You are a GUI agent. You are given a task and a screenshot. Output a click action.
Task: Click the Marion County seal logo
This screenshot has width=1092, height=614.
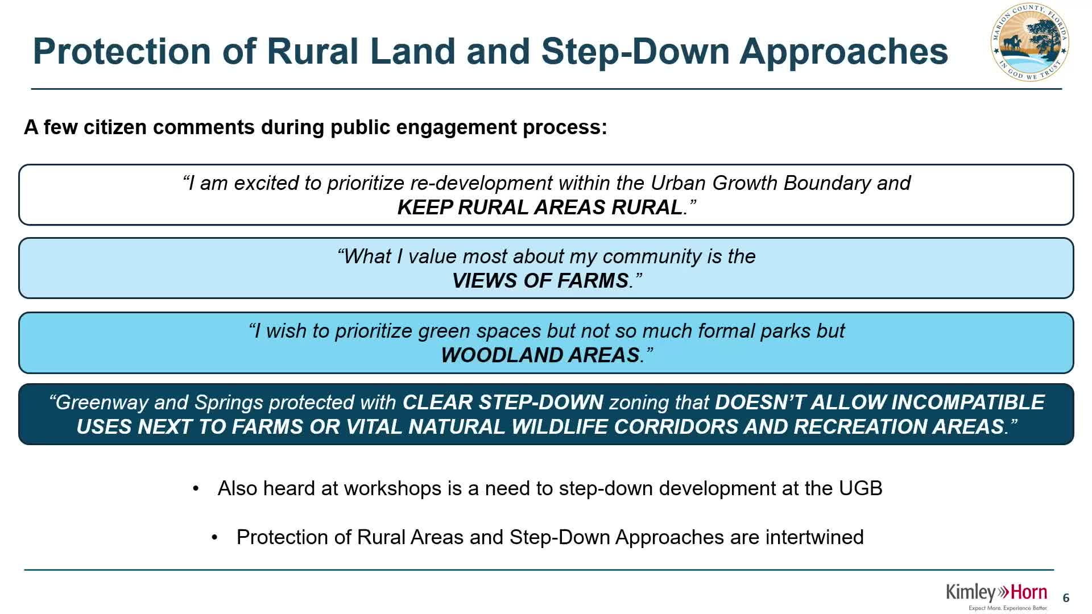(1029, 42)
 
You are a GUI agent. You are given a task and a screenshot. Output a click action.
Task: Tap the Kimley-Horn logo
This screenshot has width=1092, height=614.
(996, 596)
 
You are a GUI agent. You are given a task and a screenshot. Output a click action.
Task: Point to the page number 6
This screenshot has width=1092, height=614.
(1066, 598)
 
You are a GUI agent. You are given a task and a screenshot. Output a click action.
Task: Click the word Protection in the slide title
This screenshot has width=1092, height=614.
(122, 51)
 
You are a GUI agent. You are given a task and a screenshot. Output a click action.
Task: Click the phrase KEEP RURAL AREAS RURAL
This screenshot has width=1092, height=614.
(540, 208)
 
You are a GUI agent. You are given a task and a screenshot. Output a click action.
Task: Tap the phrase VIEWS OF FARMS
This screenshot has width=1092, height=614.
(540, 281)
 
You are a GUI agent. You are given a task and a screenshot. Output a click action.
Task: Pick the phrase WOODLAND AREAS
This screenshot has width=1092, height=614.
(540, 355)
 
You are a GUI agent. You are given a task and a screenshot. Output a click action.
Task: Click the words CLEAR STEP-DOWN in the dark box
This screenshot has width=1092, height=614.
(503, 403)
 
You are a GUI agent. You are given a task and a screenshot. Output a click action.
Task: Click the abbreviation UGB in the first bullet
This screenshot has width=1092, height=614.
(861, 488)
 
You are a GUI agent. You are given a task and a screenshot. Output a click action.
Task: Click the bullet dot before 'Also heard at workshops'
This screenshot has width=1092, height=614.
(196, 489)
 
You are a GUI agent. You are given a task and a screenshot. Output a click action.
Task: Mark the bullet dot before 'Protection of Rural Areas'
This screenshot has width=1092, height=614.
(214, 538)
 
